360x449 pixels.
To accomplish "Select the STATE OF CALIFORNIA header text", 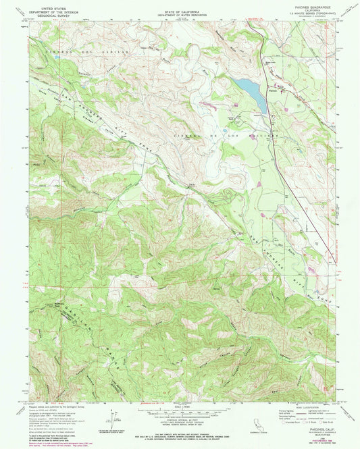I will [x=179, y=8].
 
